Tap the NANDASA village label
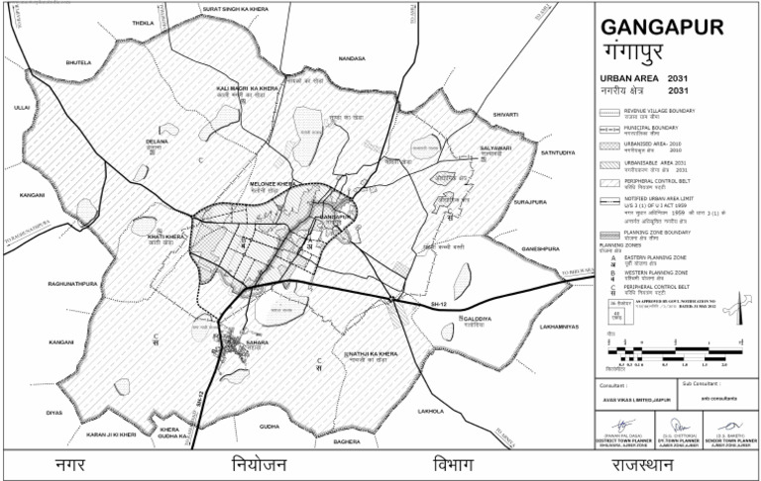coord(352,58)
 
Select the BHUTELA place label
coord(78,62)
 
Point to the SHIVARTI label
coord(505,114)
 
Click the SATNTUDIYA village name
coord(557,152)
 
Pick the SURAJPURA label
coord(531,201)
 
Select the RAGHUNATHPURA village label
coord(71,284)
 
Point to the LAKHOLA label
coord(431,410)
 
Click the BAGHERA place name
coord(347,441)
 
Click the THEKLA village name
coord(143,22)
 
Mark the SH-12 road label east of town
coord(440,306)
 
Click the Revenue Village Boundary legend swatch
coord(610,112)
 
